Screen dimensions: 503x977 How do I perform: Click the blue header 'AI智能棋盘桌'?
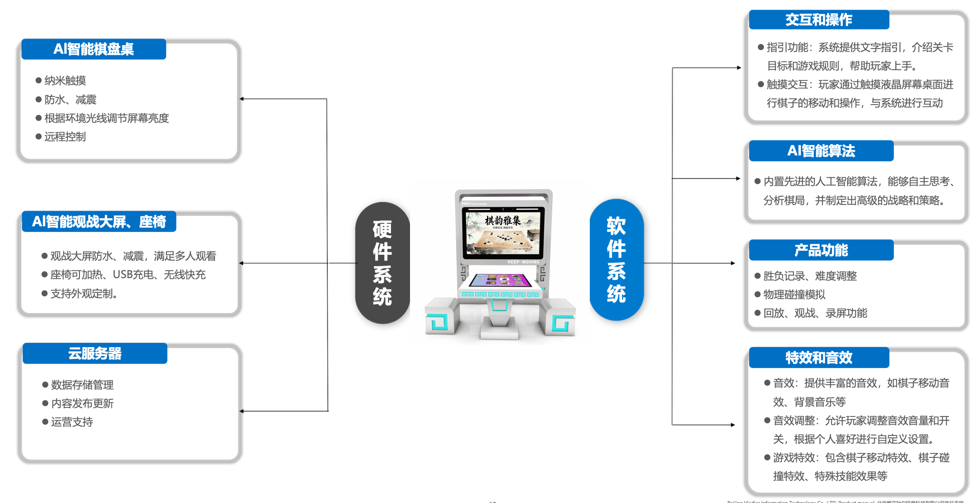tap(94, 49)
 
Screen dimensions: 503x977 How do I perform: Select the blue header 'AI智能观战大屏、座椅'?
tap(99, 222)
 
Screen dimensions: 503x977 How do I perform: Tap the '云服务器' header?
tap(95, 353)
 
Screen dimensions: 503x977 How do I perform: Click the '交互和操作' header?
tap(819, 20)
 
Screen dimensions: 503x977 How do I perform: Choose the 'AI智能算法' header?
tap(821, 151)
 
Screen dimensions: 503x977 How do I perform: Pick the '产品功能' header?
tap(821, 250)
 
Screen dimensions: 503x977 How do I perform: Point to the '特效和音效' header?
tap(819, 358)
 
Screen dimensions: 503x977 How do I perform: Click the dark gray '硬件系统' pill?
tap(382, 263)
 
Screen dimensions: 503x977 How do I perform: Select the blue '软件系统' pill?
tap(616, 260)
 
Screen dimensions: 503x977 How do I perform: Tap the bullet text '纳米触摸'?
tap(65, 81)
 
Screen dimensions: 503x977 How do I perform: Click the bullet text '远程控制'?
tap(65, 137)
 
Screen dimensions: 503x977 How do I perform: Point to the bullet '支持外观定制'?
tap(84, 294)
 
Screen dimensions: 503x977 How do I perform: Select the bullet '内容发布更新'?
tap(82, 404)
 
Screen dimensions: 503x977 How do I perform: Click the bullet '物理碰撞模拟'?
tap(794, 295)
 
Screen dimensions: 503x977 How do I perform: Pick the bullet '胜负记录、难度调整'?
tap(810, 276)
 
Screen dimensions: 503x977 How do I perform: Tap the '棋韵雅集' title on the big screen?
tap(503, 221)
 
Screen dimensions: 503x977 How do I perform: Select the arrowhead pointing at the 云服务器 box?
tap(242, 411)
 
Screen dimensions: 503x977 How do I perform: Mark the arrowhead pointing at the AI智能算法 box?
tap(738, 179)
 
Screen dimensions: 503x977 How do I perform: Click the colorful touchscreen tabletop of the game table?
tap(500, 280)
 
